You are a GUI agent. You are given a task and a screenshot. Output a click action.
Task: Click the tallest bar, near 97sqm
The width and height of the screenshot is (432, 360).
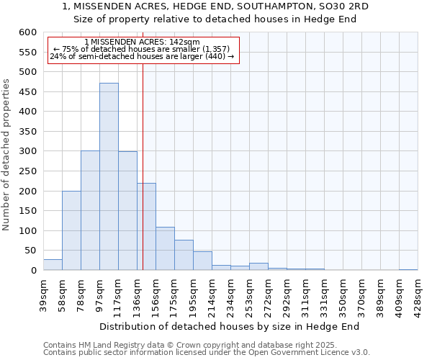pyautogui.click(x=109, y=176)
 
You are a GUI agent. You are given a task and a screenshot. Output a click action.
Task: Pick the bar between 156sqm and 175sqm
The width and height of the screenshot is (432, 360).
pyautogui.click(x=165, y=248)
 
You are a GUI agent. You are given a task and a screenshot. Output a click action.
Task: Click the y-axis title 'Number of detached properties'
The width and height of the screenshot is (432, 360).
pyautogui.click(x=6, y=155)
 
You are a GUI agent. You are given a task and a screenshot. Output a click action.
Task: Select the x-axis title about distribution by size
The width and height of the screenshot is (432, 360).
pyautogui.click(x=229, y=326)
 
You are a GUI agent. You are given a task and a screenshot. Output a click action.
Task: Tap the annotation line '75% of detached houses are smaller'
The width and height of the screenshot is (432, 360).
pyautogui.click(x=142, y=49)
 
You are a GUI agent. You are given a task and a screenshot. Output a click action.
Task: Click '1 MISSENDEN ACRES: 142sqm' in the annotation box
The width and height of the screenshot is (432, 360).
pyautogui.click(x=142, y=42)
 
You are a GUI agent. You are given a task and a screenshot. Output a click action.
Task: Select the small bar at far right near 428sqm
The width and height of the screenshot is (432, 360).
pyautogui.click(x=408, y=269)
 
